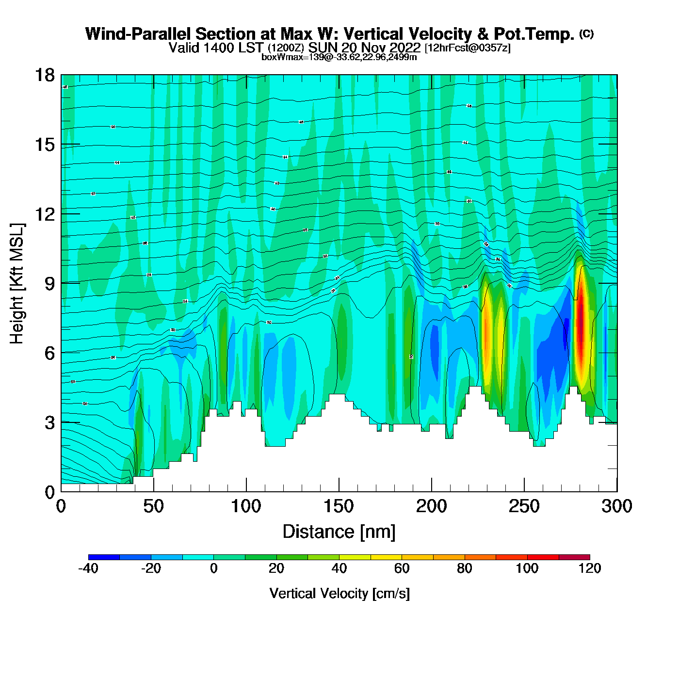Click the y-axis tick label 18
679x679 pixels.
[44, 75]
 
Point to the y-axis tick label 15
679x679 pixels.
[44, 145]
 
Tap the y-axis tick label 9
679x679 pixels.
[49, 284]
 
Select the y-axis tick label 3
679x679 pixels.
[49, 423]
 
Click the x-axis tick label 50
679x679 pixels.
[153, 506]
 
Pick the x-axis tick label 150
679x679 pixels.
[339, 506]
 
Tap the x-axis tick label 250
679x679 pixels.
[524, 506]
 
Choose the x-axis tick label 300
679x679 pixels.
[616, 506]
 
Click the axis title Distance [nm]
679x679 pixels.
[339, 532]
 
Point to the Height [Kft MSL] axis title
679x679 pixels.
[17, 284]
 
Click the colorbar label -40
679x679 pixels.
[88, 568]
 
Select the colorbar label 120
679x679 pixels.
[590, 568]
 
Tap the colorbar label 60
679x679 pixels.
[402, 568]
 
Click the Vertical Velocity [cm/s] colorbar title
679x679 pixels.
[339, 594]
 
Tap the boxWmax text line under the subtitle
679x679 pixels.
[339, 57]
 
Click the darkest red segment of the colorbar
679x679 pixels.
[574, 557]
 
